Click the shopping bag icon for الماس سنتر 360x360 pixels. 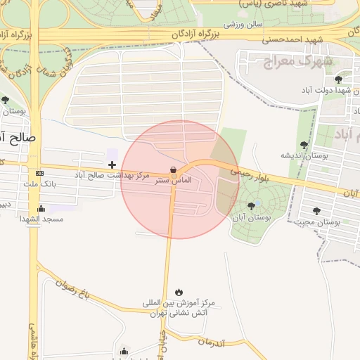[173, 169]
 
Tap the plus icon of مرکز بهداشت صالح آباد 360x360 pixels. [112, 164]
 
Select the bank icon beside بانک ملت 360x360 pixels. [39, 173]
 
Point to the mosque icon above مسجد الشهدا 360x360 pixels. [41, 208]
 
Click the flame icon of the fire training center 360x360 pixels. [179, 292]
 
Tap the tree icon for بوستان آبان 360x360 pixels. [251, 205]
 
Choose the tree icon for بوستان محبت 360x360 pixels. [316, 210]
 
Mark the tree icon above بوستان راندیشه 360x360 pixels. [304, 145]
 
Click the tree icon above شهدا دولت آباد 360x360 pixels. [339, 79]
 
